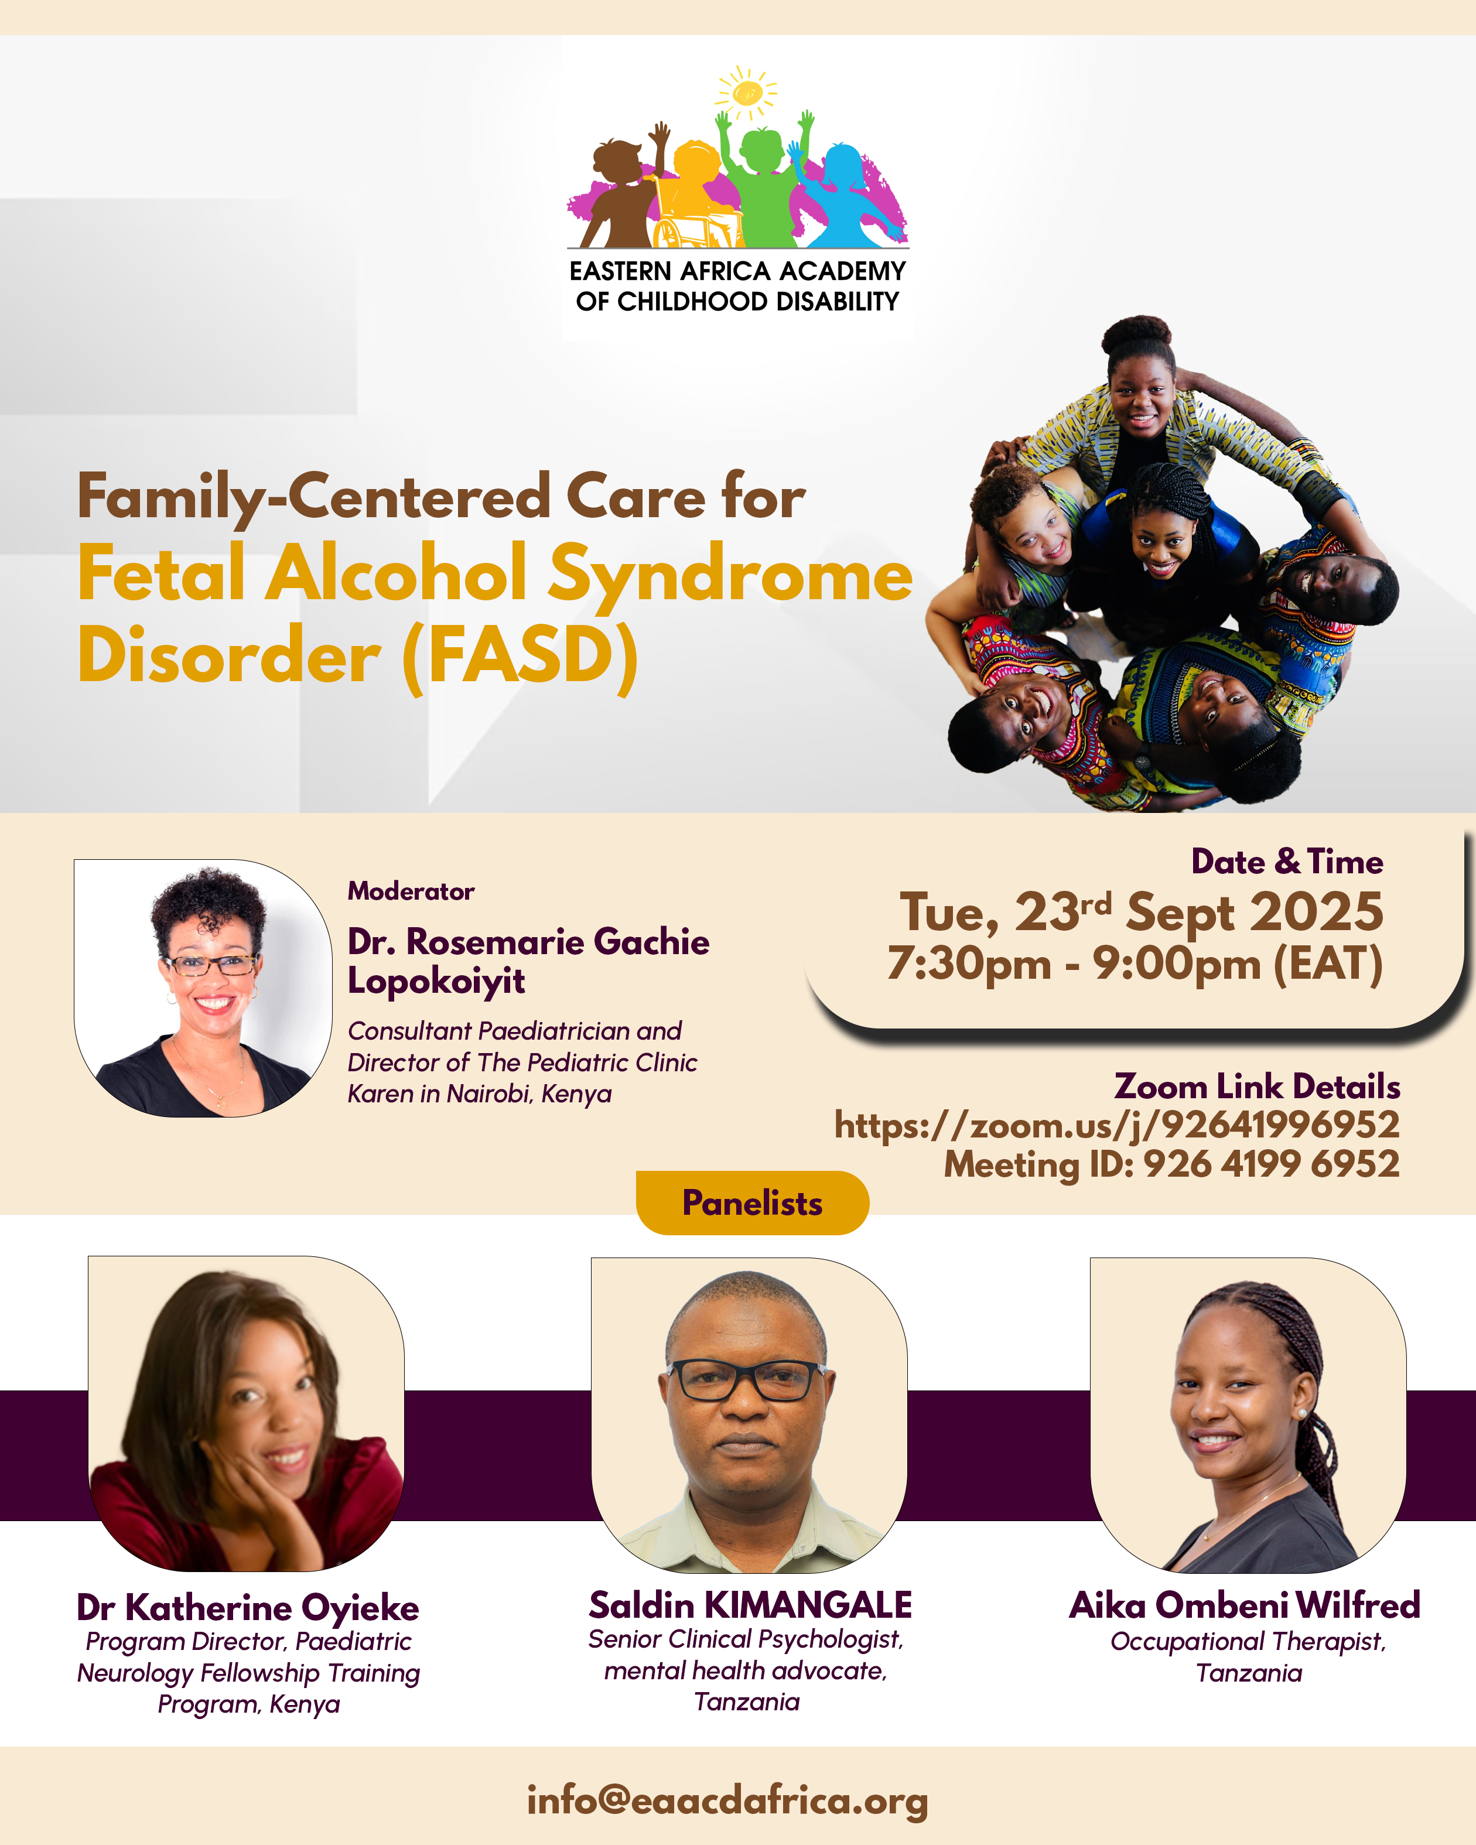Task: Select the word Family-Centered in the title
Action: (313, 497)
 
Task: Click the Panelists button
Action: (752, 1202)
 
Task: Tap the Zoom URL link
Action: (1116, 1125)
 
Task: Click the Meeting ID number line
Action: (1171, 1164)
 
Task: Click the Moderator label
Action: (411, 891)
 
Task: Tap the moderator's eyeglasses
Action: (211, 965)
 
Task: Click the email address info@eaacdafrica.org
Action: (727, 1800)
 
